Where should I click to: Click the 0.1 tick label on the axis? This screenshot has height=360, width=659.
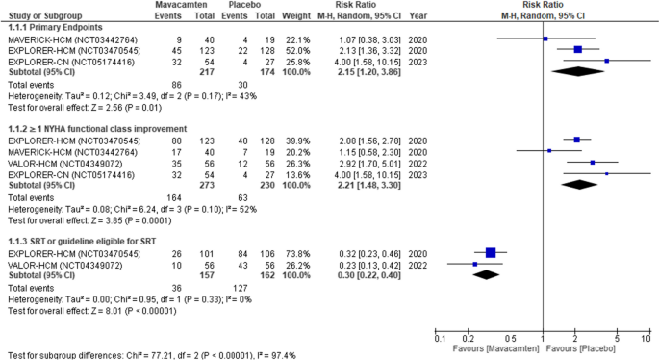coord(439,338)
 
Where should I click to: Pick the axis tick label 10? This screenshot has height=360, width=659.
coord(645,338)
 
